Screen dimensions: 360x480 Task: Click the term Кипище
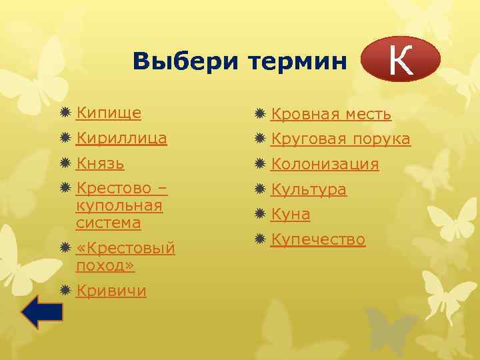click(108, 113)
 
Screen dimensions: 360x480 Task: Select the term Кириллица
click(121, 139)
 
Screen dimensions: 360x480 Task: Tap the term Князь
click(100, 163)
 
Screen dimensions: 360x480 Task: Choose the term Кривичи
click(111, 291)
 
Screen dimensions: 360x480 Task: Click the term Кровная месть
click(331, 114)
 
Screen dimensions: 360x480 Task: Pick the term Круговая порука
click(340, 139)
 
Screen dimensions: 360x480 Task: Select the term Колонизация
click(325, 164)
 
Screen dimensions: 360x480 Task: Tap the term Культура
click(308, 189)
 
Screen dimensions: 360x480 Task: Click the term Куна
click(290, 214)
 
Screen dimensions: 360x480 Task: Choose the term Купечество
click(318, 239)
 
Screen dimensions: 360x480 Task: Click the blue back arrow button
click(41, 311)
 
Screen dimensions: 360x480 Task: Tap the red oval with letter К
click(400, 59)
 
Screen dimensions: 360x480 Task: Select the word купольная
click(119, 206)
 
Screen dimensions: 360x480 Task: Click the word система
click(108, 223)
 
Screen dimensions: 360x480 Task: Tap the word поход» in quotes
click(105, 265)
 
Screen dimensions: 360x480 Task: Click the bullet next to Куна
click(261, 214)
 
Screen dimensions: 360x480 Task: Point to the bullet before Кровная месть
click(261, 114)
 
